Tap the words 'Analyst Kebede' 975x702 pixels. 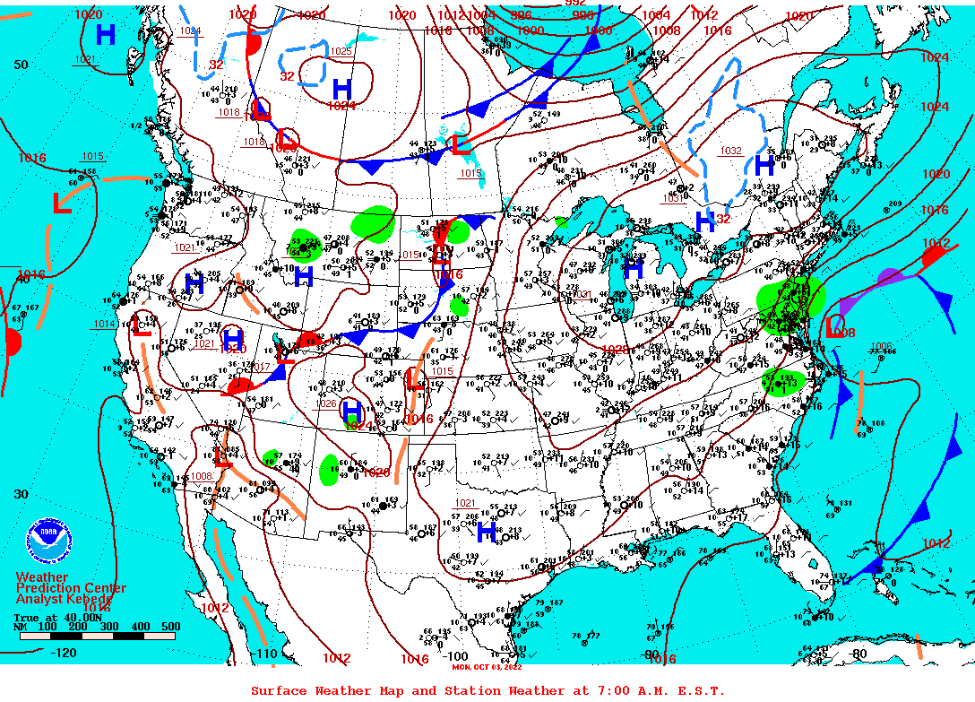point(65,598)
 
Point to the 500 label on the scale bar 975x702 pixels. point(170,627)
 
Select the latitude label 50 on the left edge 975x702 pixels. point(21,65)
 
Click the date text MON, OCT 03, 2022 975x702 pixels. point(487,666)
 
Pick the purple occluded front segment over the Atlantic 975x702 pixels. point(883,281)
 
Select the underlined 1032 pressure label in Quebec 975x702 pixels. point(731,151)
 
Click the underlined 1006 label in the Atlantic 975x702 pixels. point(881,346)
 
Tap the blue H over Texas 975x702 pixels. point(487,532)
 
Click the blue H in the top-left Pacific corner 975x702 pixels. point(106,35)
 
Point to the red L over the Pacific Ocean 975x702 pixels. point(61,203)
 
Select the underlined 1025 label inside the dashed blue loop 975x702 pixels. point(341,52)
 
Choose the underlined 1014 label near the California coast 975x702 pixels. point(104,324)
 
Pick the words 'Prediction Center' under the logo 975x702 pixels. point(71,588)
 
